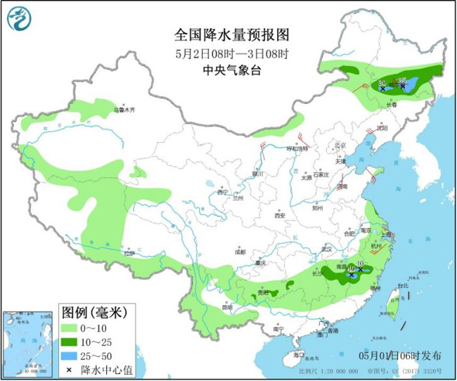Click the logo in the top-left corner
[x=21, y=22]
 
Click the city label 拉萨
[x=129, y=252]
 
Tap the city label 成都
[x=240, y=251]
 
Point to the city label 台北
[x=403, y=286]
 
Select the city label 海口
[x=300, y=354]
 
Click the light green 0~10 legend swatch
[x=69, y=328]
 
